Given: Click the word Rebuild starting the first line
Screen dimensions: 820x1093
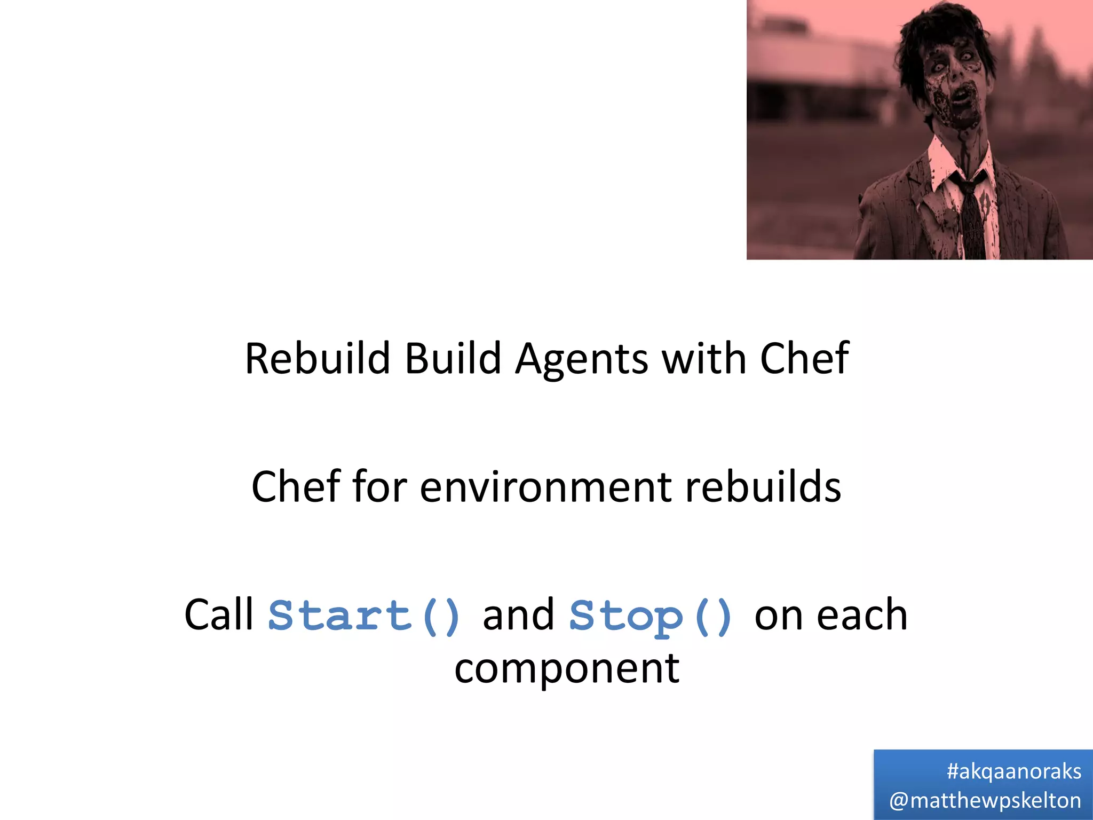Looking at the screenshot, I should point(317,358).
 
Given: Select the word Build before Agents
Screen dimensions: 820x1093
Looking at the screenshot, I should point(453,358).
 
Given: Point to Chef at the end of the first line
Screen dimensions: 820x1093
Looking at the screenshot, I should point(804,358).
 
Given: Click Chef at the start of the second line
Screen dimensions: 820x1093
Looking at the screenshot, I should point(296,486).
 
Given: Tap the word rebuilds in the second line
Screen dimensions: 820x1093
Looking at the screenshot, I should point(763,486).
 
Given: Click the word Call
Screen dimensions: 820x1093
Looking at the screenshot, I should point(219,614).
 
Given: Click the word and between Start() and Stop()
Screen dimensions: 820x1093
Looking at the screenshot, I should point(518,614).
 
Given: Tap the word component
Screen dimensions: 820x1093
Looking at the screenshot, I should point(567,669).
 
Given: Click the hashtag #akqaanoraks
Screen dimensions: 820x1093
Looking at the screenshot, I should point(1013,771).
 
